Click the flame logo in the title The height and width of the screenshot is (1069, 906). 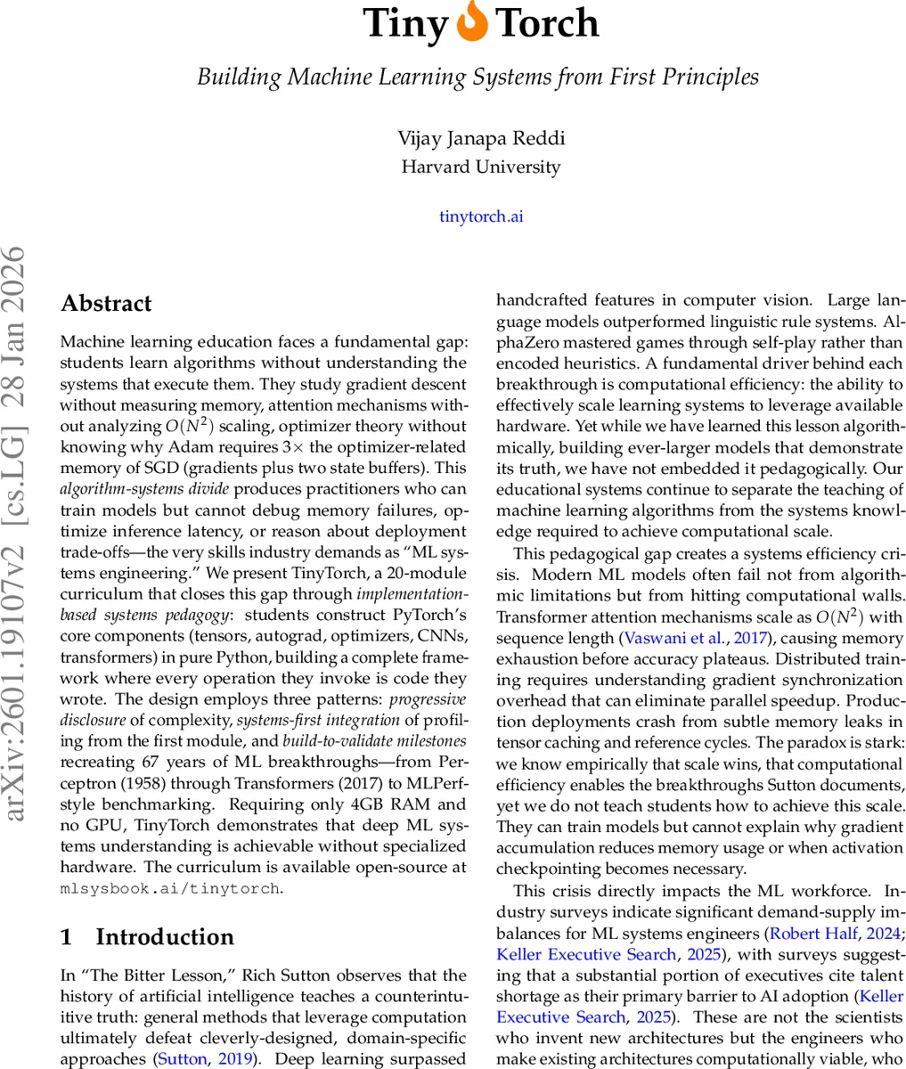471,23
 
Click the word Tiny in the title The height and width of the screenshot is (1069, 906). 405,24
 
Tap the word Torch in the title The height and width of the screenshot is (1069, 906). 546,24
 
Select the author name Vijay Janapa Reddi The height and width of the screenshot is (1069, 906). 481,138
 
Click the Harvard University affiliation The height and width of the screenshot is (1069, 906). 481,167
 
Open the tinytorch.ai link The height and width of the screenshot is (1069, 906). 481,216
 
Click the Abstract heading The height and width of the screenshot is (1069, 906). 106,304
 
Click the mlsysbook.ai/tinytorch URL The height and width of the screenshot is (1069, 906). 170,888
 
